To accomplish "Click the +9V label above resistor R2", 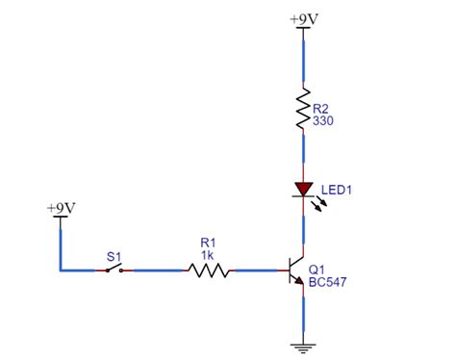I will [x=305, y=17].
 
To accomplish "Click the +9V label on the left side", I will [x=62, y=207].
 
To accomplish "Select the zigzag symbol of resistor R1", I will [x=209, y=270].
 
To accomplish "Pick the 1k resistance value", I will [x=208, y=255].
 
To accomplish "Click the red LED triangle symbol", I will [x=304, y=190].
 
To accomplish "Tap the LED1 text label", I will [x=337, y=191].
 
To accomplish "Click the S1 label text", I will [x=114, y=256].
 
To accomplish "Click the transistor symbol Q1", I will [x=296, y=270].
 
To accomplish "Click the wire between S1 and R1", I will [x=156, y=270].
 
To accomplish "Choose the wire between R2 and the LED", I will [x=304, y=154].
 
